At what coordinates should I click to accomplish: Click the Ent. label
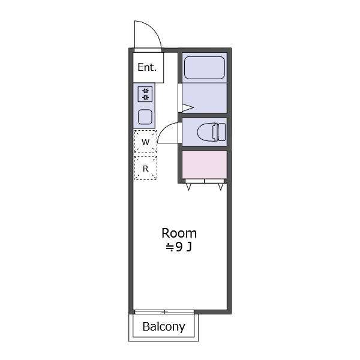coord(147,67)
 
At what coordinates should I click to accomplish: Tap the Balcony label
coord(163,327)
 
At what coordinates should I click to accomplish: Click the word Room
coord(179,233)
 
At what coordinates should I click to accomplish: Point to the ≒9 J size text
coord(179,247)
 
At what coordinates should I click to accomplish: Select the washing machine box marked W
coord(145,142)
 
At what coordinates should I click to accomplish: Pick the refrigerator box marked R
coord(145,169)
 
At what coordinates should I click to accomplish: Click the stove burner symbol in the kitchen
coord(145,94)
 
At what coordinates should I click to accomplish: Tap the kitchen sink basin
coord(145,116)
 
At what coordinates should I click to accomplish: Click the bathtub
coord(204,68)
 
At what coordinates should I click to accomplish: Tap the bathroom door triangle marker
coord(187,108)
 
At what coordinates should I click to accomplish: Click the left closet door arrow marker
coord(190,187)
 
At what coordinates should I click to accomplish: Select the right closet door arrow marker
coord(220,187)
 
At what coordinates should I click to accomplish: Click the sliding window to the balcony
coord(163,311)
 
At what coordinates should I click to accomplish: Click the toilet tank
coord(221,131)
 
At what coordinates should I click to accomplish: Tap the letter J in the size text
coord(189,247)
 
